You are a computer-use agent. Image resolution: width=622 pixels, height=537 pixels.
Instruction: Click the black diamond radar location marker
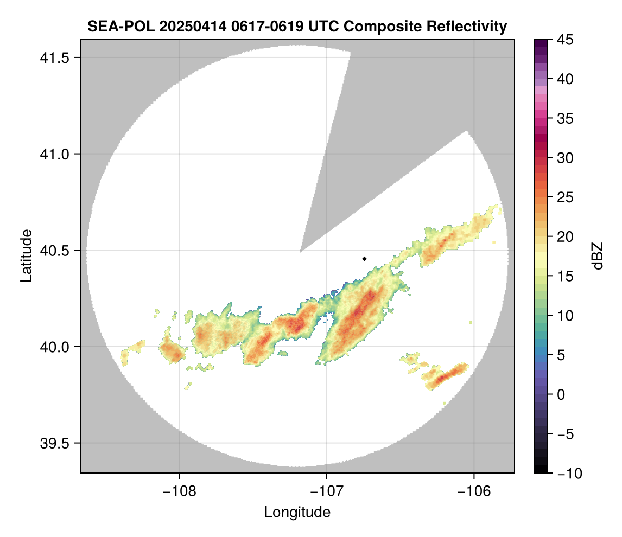tap(364, 259)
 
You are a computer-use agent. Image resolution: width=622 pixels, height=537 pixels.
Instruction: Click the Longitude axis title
tap(297, 512)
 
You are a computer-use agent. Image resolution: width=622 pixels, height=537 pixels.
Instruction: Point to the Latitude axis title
tap(26, 255)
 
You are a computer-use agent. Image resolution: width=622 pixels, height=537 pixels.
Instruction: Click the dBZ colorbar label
tap(598, 256)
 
